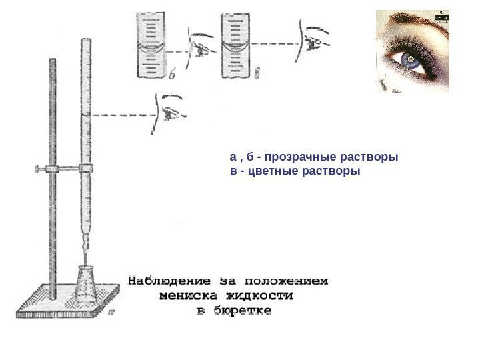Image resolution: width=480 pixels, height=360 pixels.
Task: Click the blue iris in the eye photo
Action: [x=409, y=61]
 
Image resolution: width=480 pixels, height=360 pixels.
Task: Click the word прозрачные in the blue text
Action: [x=296, y=158]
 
